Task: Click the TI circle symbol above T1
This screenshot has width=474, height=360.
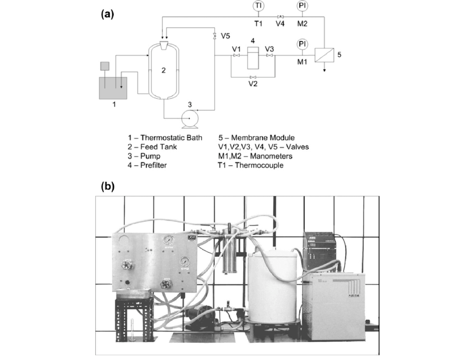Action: pos(258,6)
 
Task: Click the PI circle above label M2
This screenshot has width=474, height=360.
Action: pos(302,6)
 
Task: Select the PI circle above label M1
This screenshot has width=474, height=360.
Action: pos(302,44)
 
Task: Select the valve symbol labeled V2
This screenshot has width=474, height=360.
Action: pos(253,77)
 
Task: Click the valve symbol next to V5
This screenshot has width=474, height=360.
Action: pos(215,36)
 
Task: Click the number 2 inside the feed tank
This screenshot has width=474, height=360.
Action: pos(163,70)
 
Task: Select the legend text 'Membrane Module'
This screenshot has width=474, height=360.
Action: pos(260,137)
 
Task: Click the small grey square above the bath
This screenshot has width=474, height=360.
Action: pos(104,66)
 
